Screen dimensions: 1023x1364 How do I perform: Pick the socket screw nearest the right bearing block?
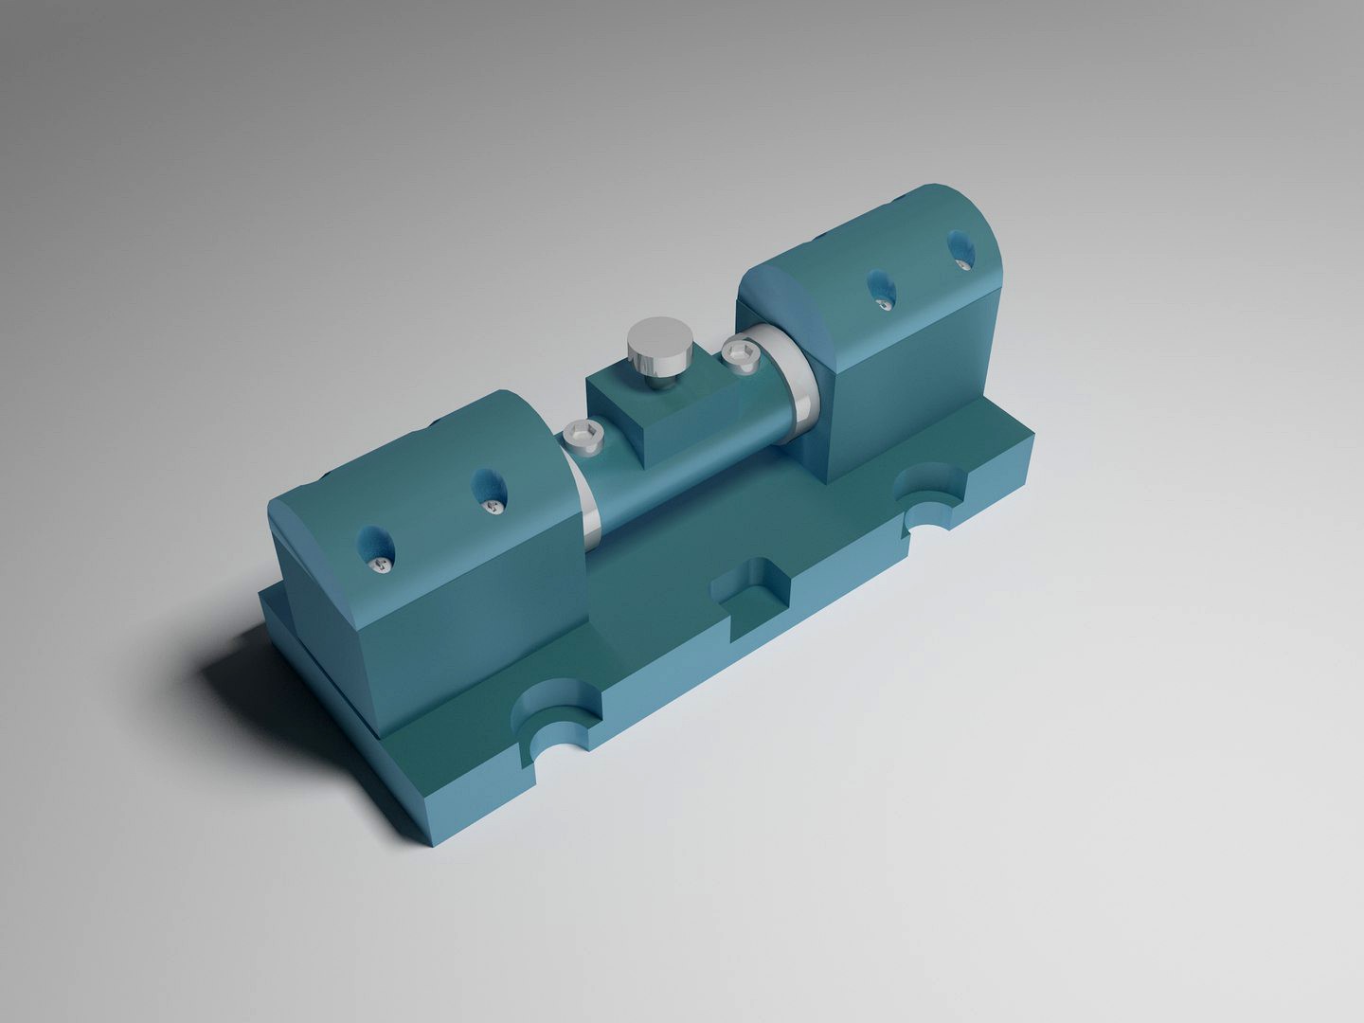click(741, 354)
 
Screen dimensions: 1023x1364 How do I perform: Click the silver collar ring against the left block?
click(587, 502)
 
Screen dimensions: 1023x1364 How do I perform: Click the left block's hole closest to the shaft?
click(486, 493)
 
